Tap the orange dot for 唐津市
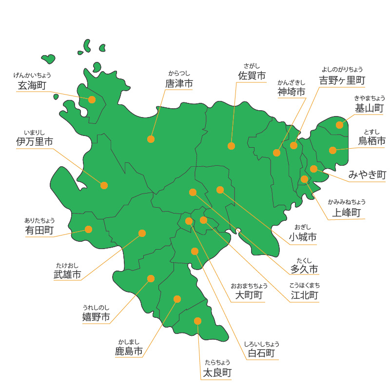151,139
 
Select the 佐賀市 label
252,76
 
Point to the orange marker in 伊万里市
104,185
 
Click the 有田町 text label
39,230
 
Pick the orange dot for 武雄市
142,233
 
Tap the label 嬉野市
96,318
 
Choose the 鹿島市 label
129,351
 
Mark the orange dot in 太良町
197,321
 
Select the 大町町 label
249,295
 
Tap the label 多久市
304,269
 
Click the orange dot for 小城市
220,190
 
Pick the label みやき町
367,175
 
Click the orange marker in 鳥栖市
332,150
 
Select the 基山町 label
370,108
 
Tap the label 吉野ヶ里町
342,79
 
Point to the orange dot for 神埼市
276,153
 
